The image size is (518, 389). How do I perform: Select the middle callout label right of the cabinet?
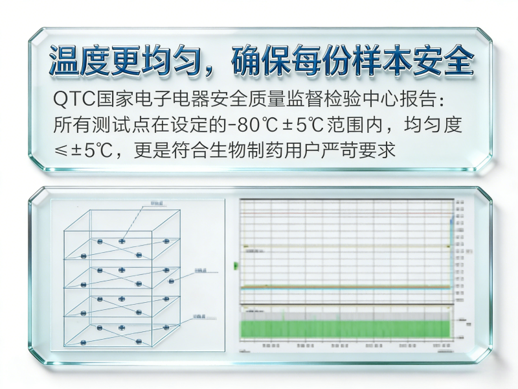200,269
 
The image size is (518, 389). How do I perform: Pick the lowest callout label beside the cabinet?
200,316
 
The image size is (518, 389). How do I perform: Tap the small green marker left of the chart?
235,265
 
